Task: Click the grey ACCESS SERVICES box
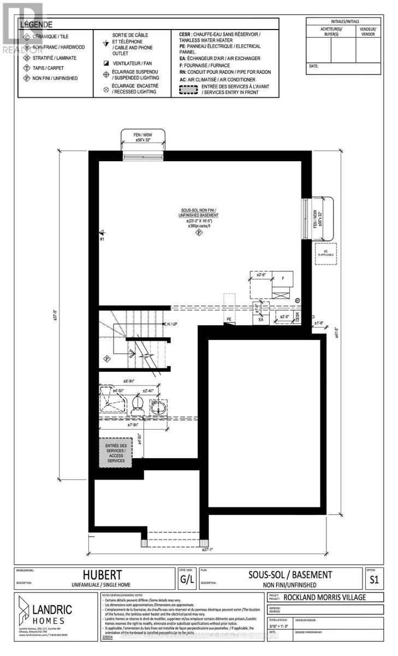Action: [115, 453]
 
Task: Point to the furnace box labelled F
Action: [283, 278]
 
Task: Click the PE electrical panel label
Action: [229, 318]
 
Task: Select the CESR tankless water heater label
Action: [298, 317]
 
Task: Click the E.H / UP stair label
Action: [171, 324]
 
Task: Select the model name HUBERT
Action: [102, 575]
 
